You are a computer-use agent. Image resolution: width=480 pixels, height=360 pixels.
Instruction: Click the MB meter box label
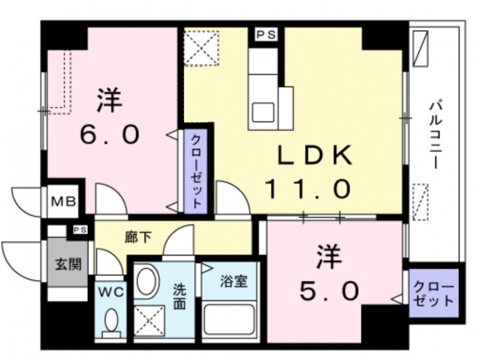pos(64,202)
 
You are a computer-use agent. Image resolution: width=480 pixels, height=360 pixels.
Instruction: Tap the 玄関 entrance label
pos(68,264)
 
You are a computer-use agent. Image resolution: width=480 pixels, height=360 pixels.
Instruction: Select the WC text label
pos(110,292)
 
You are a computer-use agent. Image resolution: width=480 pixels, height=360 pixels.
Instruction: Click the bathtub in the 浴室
pos(229,320)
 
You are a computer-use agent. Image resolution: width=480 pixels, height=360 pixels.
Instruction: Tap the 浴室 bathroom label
pos(234,281)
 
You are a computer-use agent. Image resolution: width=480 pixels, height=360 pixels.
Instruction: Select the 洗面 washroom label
pos(179,296)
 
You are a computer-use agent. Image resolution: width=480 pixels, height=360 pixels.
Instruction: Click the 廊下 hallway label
pos(138,237)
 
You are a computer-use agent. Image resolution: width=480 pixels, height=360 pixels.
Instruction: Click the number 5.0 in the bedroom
pos(329,291)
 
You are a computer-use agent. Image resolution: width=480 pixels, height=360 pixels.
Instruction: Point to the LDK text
pos(314,155)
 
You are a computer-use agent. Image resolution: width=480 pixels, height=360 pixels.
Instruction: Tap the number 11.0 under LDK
pos(308,189)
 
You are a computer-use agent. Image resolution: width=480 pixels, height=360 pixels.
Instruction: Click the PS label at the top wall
pos(266,35)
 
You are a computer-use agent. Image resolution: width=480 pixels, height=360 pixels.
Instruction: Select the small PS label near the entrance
pos(80,230)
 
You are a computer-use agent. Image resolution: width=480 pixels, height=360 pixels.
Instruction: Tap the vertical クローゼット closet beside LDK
pos(196,171)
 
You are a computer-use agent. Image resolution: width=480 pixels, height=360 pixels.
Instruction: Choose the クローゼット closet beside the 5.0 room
pos(434,293)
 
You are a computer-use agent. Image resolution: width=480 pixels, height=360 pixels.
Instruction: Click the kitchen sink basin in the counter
pos(263,112)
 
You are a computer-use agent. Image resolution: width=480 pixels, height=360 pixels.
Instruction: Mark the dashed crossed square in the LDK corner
pos(201,48)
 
